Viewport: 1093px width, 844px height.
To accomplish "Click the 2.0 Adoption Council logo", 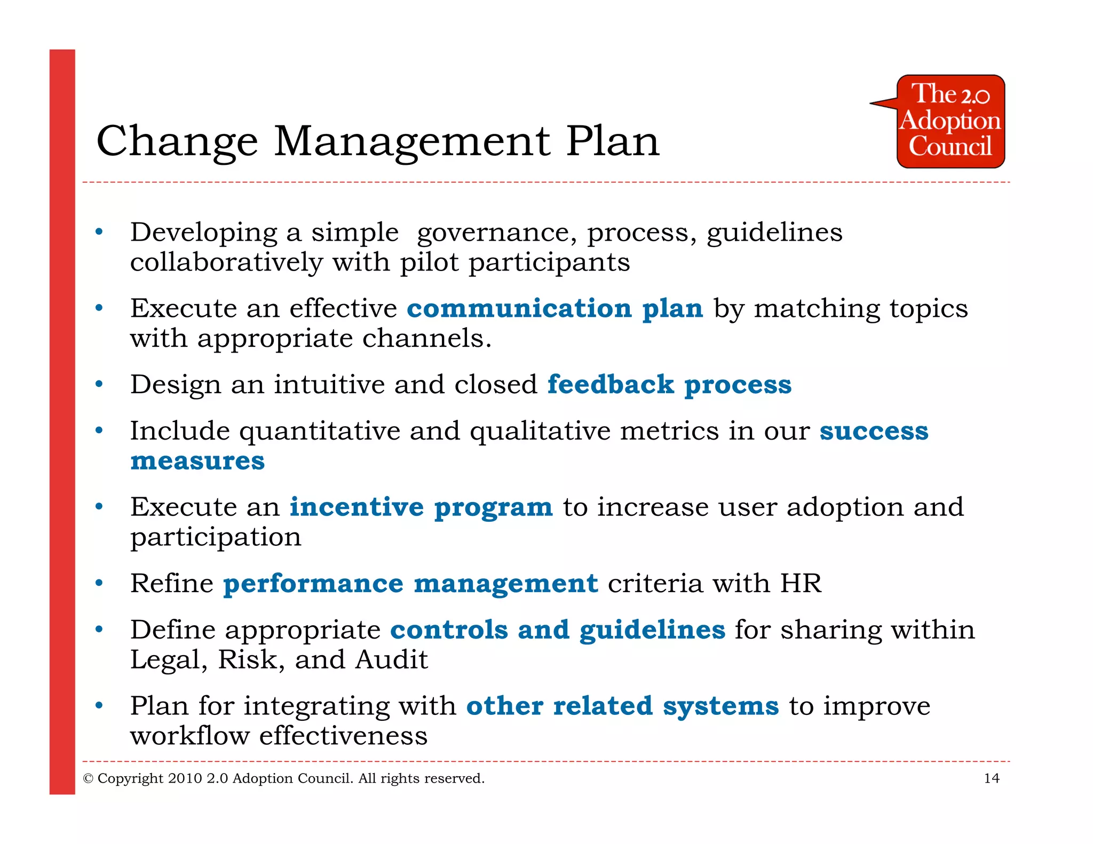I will [950, 122].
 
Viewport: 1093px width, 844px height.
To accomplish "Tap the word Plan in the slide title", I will [612, 141].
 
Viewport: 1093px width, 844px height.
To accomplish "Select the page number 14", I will [991, 778].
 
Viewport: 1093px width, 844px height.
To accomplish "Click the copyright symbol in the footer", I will [88, 779].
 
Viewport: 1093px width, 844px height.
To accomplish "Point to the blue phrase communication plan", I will [555, 309].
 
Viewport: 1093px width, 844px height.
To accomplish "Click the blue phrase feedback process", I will [669, 385].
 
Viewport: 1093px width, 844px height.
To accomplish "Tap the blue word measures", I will [197, 461].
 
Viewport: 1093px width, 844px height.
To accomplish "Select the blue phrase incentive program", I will [421, 507].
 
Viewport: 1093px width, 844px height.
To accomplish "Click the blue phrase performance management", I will [410, 584].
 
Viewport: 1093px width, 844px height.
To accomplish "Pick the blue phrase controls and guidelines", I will [558, 630].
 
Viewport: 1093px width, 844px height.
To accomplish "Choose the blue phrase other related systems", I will [622, 706].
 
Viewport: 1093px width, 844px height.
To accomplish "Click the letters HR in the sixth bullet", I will [801, 583].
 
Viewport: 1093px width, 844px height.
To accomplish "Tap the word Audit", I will [392, 660].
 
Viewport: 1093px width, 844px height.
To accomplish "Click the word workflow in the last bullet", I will [190, 736].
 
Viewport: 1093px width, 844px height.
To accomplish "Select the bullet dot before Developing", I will [99, 232].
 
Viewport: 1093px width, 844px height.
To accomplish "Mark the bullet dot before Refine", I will [99, 583].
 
